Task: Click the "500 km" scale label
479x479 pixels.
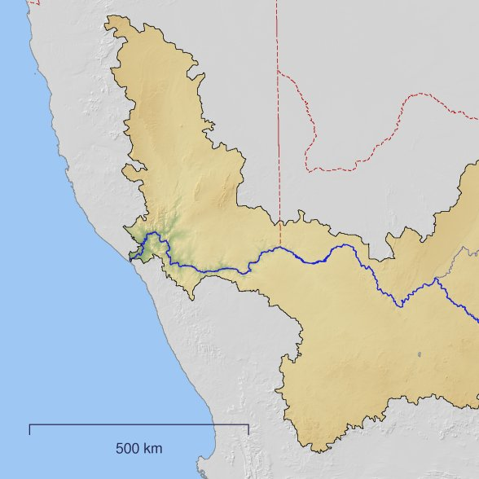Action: click(138, 448)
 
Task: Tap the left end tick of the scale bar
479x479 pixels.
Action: click(29, 428)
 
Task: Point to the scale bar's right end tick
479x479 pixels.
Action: click(248, 428)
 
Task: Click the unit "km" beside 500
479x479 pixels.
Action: click(152, 448)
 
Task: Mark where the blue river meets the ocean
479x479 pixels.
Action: click(130, 260)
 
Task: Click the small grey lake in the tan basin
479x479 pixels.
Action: click(418, 354)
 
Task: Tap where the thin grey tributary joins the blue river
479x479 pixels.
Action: click(437, 279)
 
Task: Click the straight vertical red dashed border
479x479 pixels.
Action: click(277, 122)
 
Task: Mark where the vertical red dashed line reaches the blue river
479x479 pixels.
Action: click(279, 248)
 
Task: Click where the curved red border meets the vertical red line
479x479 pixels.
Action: click(278, 71)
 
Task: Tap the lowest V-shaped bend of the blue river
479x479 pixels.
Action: click(401, 305)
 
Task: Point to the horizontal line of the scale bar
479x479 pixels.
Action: click(138, 424)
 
